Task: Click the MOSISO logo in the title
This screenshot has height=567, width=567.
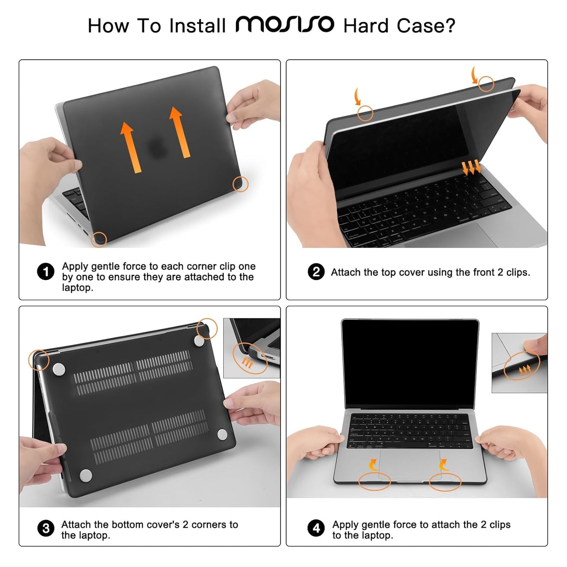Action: click(x=285, y=25)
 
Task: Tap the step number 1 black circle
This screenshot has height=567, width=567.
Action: click(x=46, y=272)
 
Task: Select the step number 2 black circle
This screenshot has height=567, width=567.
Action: click(x=316, y=272)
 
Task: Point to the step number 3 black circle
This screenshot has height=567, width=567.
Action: click(x=46, y=528)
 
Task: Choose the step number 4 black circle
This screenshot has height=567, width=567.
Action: click(x=316, y=528)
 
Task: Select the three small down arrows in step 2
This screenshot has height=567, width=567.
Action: click(x=471, y=168)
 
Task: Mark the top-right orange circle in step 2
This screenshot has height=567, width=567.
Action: click(x=486, y=84)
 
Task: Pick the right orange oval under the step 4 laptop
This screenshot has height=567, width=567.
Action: click(x=445, y=482)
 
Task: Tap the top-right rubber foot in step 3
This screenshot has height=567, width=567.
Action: click(x=200, y=341)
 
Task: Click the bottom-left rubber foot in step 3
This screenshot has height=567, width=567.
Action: click(x=86, y=475)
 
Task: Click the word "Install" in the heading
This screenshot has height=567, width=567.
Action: click(x=197, y=26)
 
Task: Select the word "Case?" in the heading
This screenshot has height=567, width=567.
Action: click(x=426, y=26)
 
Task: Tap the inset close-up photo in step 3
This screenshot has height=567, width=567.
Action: click(x=252, y=348)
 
